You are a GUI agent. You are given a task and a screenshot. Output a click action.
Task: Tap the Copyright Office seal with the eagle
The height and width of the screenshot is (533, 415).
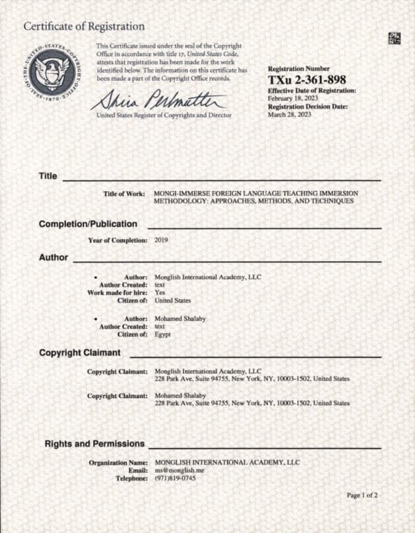pyautogui.click(x=52, y=72)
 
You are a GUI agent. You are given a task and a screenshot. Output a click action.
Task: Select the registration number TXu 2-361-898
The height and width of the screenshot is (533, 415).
pyautogui.click(x=307, y=79)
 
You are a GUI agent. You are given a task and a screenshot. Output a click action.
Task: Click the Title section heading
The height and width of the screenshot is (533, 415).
pyautogui.click(x=48, y=176)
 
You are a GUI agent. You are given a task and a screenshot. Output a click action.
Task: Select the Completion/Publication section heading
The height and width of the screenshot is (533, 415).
pyautogui.click(x=88, y=224)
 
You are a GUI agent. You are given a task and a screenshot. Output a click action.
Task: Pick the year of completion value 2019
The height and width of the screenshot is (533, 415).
pyautogui.click(x=161, y=240)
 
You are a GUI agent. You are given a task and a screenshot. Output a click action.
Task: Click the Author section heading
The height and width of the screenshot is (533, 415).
pyautogui.click(x=53, y=257)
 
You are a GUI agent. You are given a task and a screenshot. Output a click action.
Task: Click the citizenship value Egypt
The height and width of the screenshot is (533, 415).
pyautogui.click(x=162, y=334)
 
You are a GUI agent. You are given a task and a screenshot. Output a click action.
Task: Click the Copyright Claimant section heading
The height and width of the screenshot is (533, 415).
pyautogui.click(x=79, y=352)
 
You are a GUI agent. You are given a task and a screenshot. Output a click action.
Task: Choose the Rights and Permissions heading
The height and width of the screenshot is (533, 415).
pyautogui.click(x=95, y=444)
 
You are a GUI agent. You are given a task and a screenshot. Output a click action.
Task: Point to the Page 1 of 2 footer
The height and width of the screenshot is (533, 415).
pyautogui.click(x=362, y=495)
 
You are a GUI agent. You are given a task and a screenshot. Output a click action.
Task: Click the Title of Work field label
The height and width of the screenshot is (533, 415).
pyautogui.click(x=124, y=193)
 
